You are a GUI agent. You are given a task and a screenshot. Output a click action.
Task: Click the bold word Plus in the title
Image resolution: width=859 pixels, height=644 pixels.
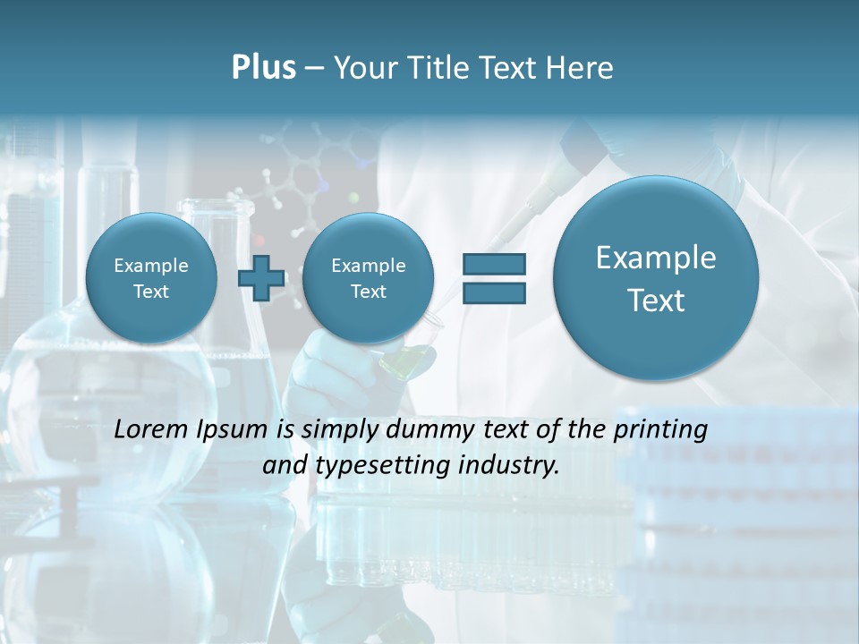click(x=263, y=68)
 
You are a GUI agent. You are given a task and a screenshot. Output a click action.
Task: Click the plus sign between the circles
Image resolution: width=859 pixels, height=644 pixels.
click(x=260, y=277)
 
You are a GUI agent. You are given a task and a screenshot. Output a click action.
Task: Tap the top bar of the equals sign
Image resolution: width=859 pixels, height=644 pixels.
click(x=494, y=264)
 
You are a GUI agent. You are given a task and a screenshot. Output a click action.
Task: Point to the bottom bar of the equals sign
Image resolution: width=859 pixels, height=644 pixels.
click(x=494, y=292)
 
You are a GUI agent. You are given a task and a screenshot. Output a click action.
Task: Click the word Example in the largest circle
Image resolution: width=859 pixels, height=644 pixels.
click(x=656, y=258)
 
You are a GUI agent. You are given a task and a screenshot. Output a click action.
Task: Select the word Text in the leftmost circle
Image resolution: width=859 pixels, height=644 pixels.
click(x=150, y=292)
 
